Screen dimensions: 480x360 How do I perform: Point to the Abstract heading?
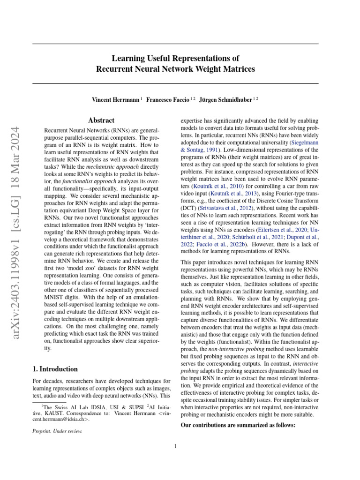coord(102,120)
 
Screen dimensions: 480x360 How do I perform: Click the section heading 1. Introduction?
coord(55,369)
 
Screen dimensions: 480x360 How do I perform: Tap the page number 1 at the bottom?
coord(175,446)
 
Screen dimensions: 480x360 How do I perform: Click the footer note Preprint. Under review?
coord(57,432)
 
